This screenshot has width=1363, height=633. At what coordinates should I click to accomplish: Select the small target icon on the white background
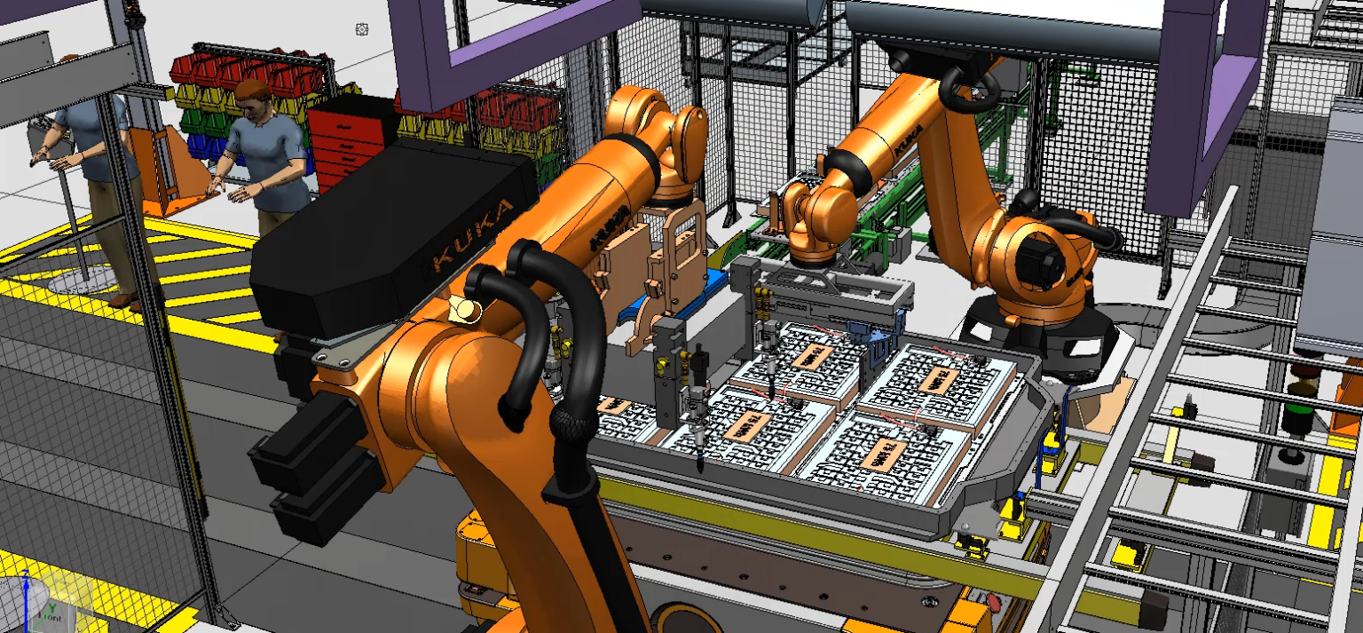(x=361, y=29)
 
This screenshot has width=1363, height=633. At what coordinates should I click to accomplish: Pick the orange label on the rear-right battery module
(x=939, y=381)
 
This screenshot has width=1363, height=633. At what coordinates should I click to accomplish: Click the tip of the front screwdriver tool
(x=700, y=470)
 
